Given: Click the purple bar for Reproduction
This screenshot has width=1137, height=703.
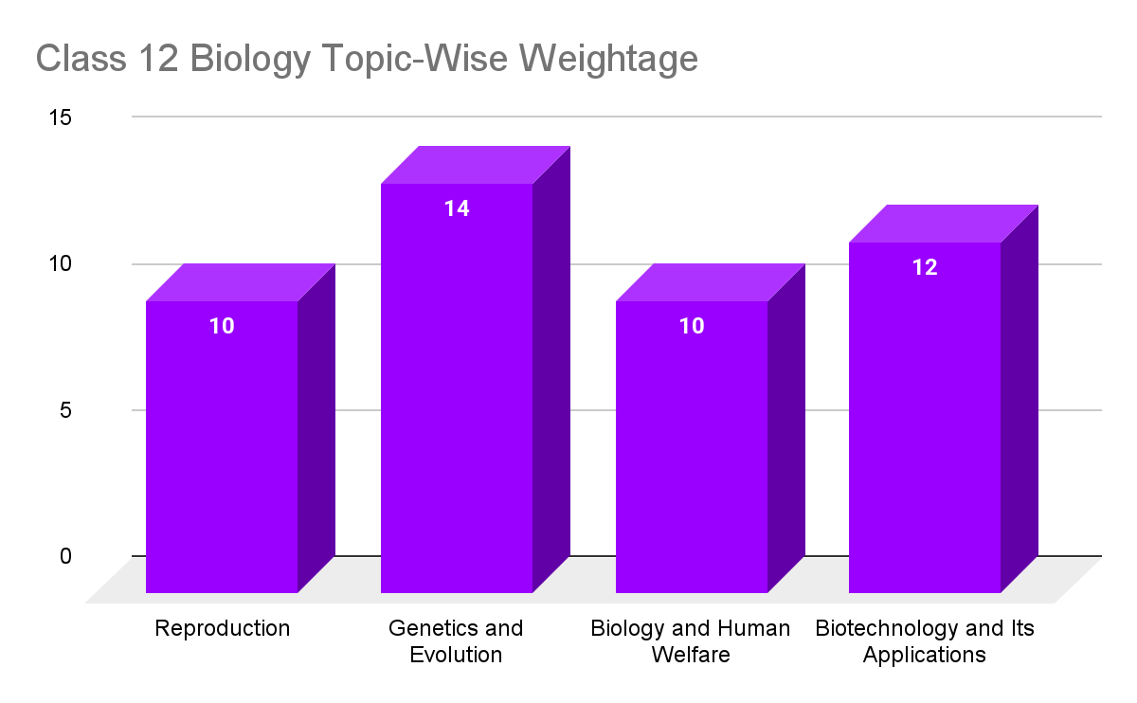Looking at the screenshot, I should coord(222,445).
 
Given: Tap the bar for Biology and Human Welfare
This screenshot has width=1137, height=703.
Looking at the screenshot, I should coord(692,445).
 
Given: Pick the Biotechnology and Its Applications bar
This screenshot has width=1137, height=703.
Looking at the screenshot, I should coord(925,417).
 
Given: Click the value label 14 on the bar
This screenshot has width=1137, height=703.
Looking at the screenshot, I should coord(457,208).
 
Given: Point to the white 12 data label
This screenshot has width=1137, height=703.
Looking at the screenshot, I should coord(925,267).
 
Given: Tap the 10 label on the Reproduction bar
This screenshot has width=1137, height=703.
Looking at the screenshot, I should coord(222,326).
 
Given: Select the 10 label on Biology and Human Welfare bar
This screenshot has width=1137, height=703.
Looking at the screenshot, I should coord(692,326).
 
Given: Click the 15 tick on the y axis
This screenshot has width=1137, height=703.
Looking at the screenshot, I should coord(61,117).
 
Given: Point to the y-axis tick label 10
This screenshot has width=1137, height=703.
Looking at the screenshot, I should coord(61,263).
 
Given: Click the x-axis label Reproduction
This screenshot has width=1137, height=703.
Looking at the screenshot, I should coord(222,628).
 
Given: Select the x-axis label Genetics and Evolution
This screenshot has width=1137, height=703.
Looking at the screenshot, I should coord(456,641).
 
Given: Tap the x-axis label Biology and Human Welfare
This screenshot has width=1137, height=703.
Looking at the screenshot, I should coord(690,641).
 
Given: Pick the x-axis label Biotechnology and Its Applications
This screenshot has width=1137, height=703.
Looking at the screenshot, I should coord(925,641).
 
